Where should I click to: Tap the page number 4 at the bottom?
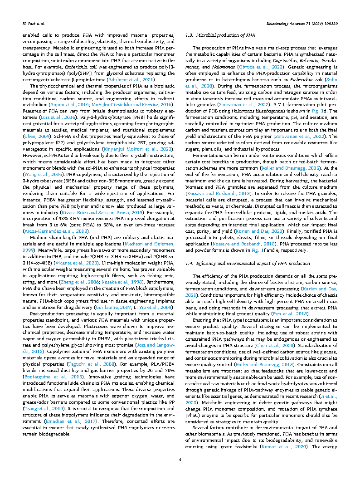[x=180, y=460]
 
